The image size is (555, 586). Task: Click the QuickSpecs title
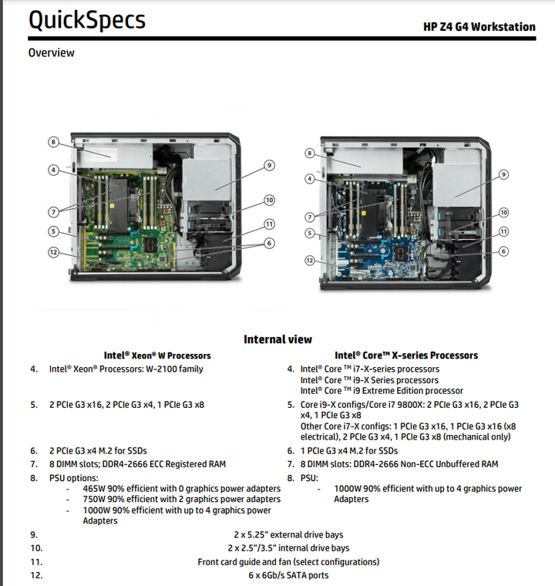point(86,21)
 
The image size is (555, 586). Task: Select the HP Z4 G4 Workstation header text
point(479,27)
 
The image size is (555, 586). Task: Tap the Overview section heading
point(51,52)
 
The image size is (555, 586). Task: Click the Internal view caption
point(277,339)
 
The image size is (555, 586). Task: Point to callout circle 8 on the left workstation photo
point(53,142)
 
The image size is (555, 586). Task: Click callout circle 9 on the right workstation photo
point(503,175)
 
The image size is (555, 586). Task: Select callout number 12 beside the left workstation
point(53,252)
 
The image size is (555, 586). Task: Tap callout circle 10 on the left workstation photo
point(269,200)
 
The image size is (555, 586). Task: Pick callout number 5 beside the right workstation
point(309,233)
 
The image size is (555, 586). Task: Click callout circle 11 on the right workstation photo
point(503,231)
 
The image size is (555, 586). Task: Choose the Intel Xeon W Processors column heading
point(157,355)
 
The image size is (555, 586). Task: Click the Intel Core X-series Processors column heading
point(405,355)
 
